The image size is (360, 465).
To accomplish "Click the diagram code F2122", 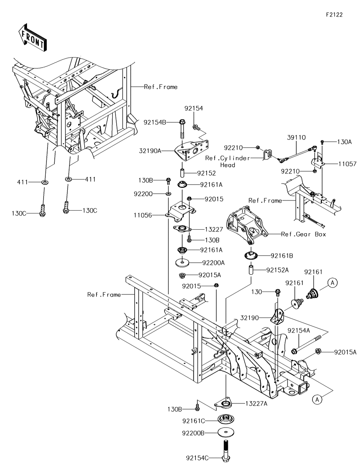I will click(334, 15).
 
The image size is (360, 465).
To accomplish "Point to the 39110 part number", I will click(296, 137).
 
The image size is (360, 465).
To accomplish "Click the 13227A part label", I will click(256, 403).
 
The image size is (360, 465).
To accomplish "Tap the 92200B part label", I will click(193, 433).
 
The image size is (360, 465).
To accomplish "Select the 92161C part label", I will click(193, 420).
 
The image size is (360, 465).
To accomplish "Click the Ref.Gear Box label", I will click(303, 234).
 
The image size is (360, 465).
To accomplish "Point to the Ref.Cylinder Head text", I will click(228, 162).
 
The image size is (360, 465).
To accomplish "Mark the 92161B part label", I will click(282, 256).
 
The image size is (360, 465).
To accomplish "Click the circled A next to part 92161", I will click(333, 283).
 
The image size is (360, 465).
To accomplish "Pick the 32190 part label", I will click(249, 318).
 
